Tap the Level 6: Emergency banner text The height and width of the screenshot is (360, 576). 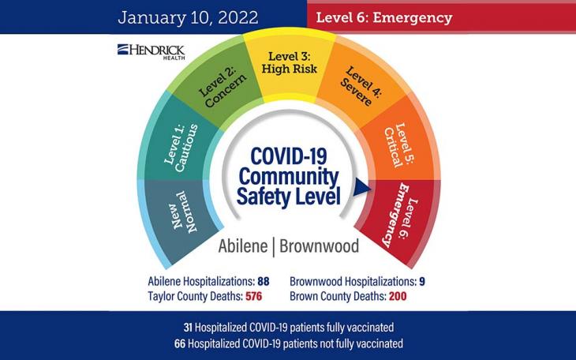coord(384,17)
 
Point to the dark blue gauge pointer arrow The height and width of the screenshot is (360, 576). coord(361,187)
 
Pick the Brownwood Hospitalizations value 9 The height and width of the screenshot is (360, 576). coord(423,281)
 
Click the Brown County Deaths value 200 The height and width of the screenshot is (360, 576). coord(397,296)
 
